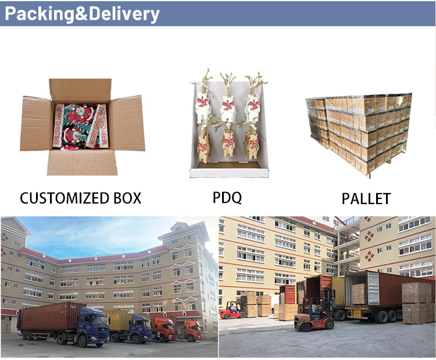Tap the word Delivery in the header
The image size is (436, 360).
coord(121,14)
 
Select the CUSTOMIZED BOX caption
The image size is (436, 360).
coord(81,198)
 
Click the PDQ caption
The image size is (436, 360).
coord(227,197)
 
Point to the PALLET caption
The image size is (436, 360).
coord(366,198)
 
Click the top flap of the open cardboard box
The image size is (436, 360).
coord(80,90)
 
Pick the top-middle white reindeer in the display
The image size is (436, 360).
coord(228,105)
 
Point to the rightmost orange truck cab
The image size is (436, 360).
coord(192,330)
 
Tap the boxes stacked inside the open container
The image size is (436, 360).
coord(359,294)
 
